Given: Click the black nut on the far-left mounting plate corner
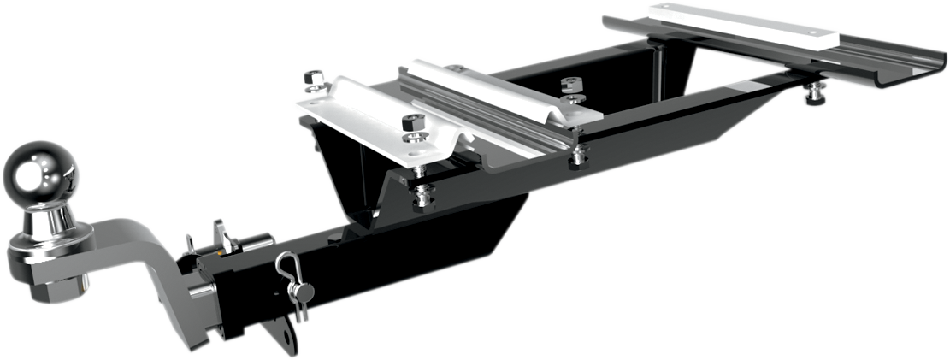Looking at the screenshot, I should [314, 80].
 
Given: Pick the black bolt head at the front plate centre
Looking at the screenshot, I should [411, 121].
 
